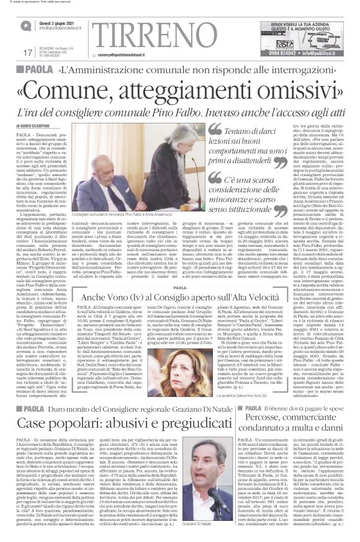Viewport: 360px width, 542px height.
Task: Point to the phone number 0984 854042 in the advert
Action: tap(274, 54)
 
